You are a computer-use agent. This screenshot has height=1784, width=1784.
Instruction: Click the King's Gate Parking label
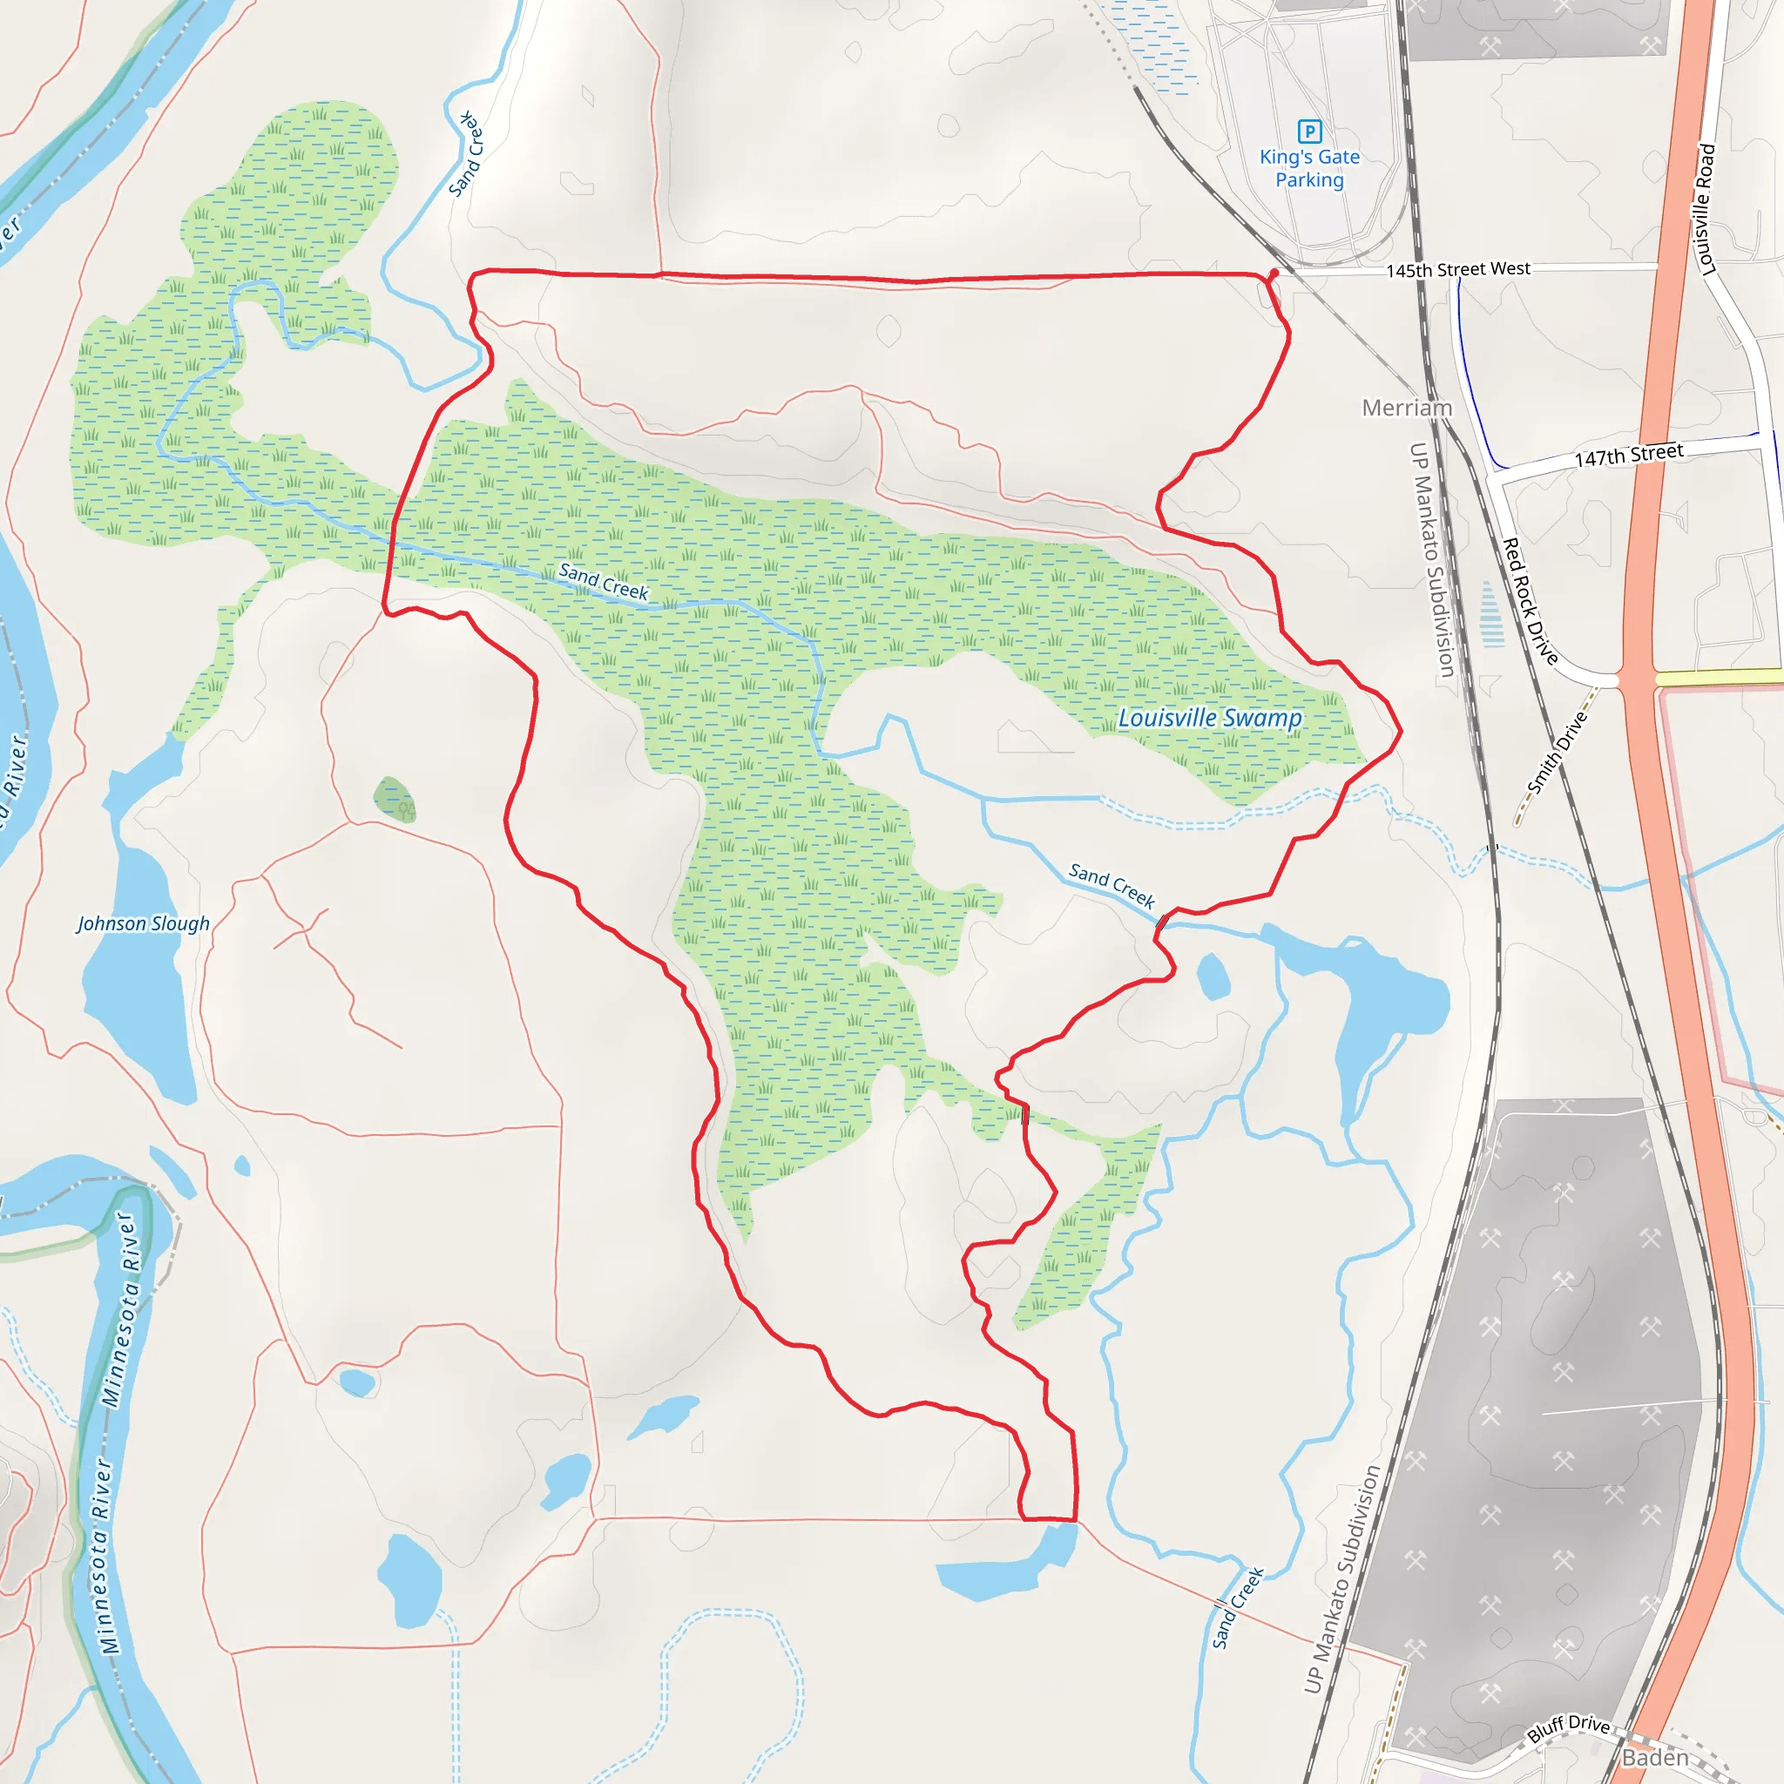coord(1309,168)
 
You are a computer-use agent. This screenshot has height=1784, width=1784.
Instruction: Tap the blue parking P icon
coord(1309,132)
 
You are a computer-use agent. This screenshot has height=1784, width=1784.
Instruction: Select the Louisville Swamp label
coord(1210,718)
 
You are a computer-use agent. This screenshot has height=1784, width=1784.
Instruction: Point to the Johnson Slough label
coord(143,923)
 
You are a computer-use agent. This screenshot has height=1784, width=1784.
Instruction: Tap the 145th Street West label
coord(1458,270)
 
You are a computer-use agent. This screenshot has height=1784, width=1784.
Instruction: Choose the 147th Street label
coord(1629,456)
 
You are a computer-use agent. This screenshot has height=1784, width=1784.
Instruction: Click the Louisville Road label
coord(1706,210)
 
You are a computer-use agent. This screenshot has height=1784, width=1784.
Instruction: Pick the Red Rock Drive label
coord(1530,601)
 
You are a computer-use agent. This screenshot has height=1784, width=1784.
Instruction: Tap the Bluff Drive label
coord(1568,1726)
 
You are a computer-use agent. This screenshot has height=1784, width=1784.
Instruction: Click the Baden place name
coord(1656,1757)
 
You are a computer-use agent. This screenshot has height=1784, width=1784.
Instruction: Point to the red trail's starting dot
coord(1274,274)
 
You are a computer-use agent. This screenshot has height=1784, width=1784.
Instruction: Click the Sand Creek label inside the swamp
coord(603,582)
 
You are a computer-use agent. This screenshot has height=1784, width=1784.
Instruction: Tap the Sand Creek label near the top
coord(465,154)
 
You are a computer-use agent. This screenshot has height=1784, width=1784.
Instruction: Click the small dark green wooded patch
coord(395,799)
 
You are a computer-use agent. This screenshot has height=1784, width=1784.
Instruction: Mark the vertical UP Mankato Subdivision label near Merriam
coord(1432,560)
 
